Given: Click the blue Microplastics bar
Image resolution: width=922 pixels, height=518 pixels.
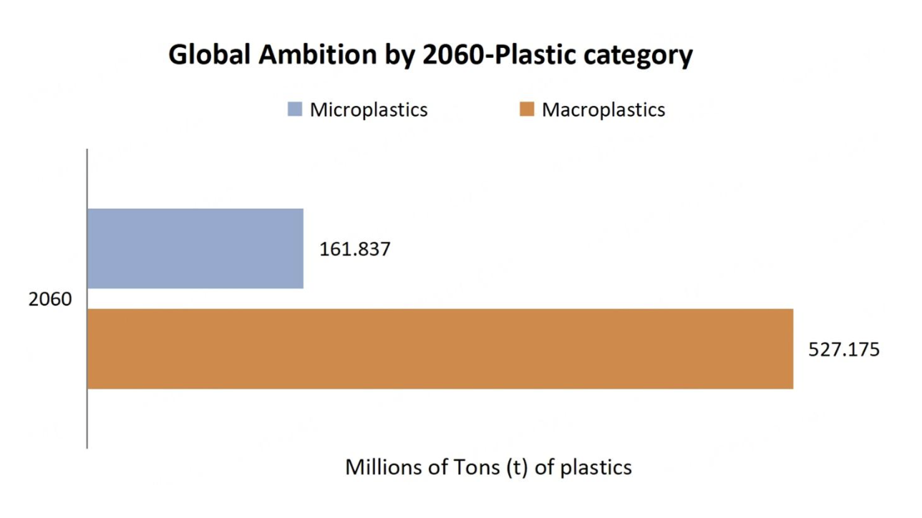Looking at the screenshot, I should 195,248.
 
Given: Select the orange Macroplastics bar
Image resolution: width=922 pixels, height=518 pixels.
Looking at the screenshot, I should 440,349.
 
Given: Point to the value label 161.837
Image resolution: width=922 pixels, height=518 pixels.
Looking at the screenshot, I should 355,250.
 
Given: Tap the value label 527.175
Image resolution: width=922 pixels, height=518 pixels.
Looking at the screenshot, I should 844,350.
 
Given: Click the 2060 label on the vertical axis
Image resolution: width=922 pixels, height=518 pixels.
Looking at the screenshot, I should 50,299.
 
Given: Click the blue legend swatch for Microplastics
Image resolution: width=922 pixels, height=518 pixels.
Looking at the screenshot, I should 294,109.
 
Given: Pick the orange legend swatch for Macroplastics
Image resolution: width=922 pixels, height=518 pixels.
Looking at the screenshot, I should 527,109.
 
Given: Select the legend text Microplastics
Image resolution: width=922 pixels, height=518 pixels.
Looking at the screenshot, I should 369,109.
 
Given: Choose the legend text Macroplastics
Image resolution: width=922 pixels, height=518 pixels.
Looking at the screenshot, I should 603,109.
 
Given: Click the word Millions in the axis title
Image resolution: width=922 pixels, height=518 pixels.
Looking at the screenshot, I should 384,467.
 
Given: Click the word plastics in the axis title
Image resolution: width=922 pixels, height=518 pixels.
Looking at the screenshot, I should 596,468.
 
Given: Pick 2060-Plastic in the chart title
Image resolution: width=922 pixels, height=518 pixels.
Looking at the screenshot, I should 499,55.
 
